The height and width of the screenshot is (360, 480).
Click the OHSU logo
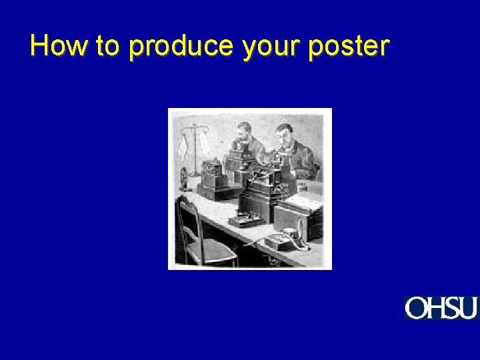tap(441, 308)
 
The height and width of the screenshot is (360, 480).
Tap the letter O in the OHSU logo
tap(415, 309)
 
